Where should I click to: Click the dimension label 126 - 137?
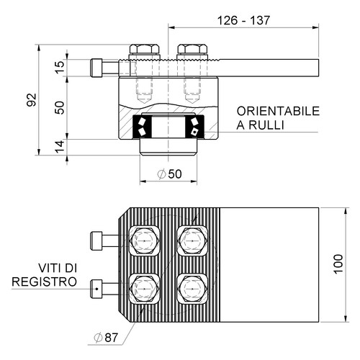click(x=243, y=20)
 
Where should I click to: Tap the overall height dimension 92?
click(x=32, y=100)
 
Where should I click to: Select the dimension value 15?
click(x=60, y=68)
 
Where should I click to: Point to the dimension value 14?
click(x=60, y=147)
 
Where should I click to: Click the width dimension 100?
click(x=338, y=264)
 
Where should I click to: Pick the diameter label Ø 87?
click(x=106, y=338)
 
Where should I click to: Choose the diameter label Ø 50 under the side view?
click(x=169, y=174)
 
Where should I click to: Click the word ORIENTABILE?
click(x=278, y=111)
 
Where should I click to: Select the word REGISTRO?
click(x=45, y=282)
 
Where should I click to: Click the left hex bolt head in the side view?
click(x=144, y=49)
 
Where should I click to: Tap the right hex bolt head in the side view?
click(x=192, y=49)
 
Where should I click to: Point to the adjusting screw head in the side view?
click(x=96, y=68)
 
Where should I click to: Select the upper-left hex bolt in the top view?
click(x=144, y=240)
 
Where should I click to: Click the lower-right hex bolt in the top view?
click(x=192, y=289)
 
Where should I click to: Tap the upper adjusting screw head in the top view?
click(x=96, y=240)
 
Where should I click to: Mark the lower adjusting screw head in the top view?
click(x=96, y=289)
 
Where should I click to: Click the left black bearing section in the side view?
click(x=142, y=127)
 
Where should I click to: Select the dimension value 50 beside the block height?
click(x=60, y=108)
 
